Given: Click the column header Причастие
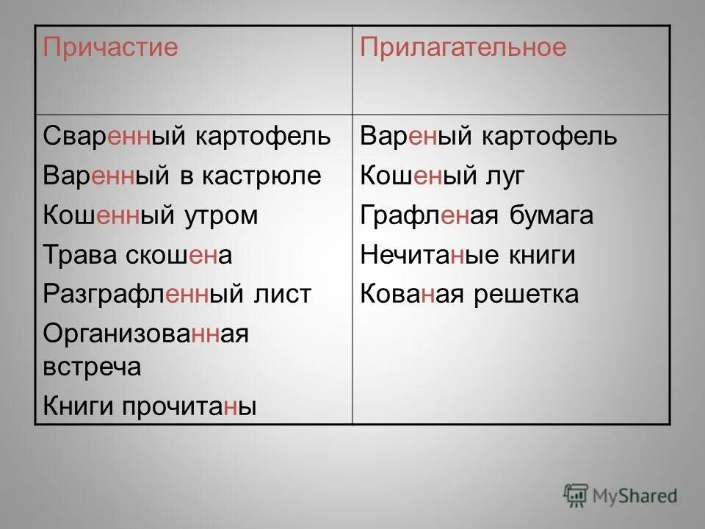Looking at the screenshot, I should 110,48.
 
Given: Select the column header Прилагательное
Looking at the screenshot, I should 463,48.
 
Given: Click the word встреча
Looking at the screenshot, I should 92,367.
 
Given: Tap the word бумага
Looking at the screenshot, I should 551,215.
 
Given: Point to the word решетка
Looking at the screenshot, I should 527,295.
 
